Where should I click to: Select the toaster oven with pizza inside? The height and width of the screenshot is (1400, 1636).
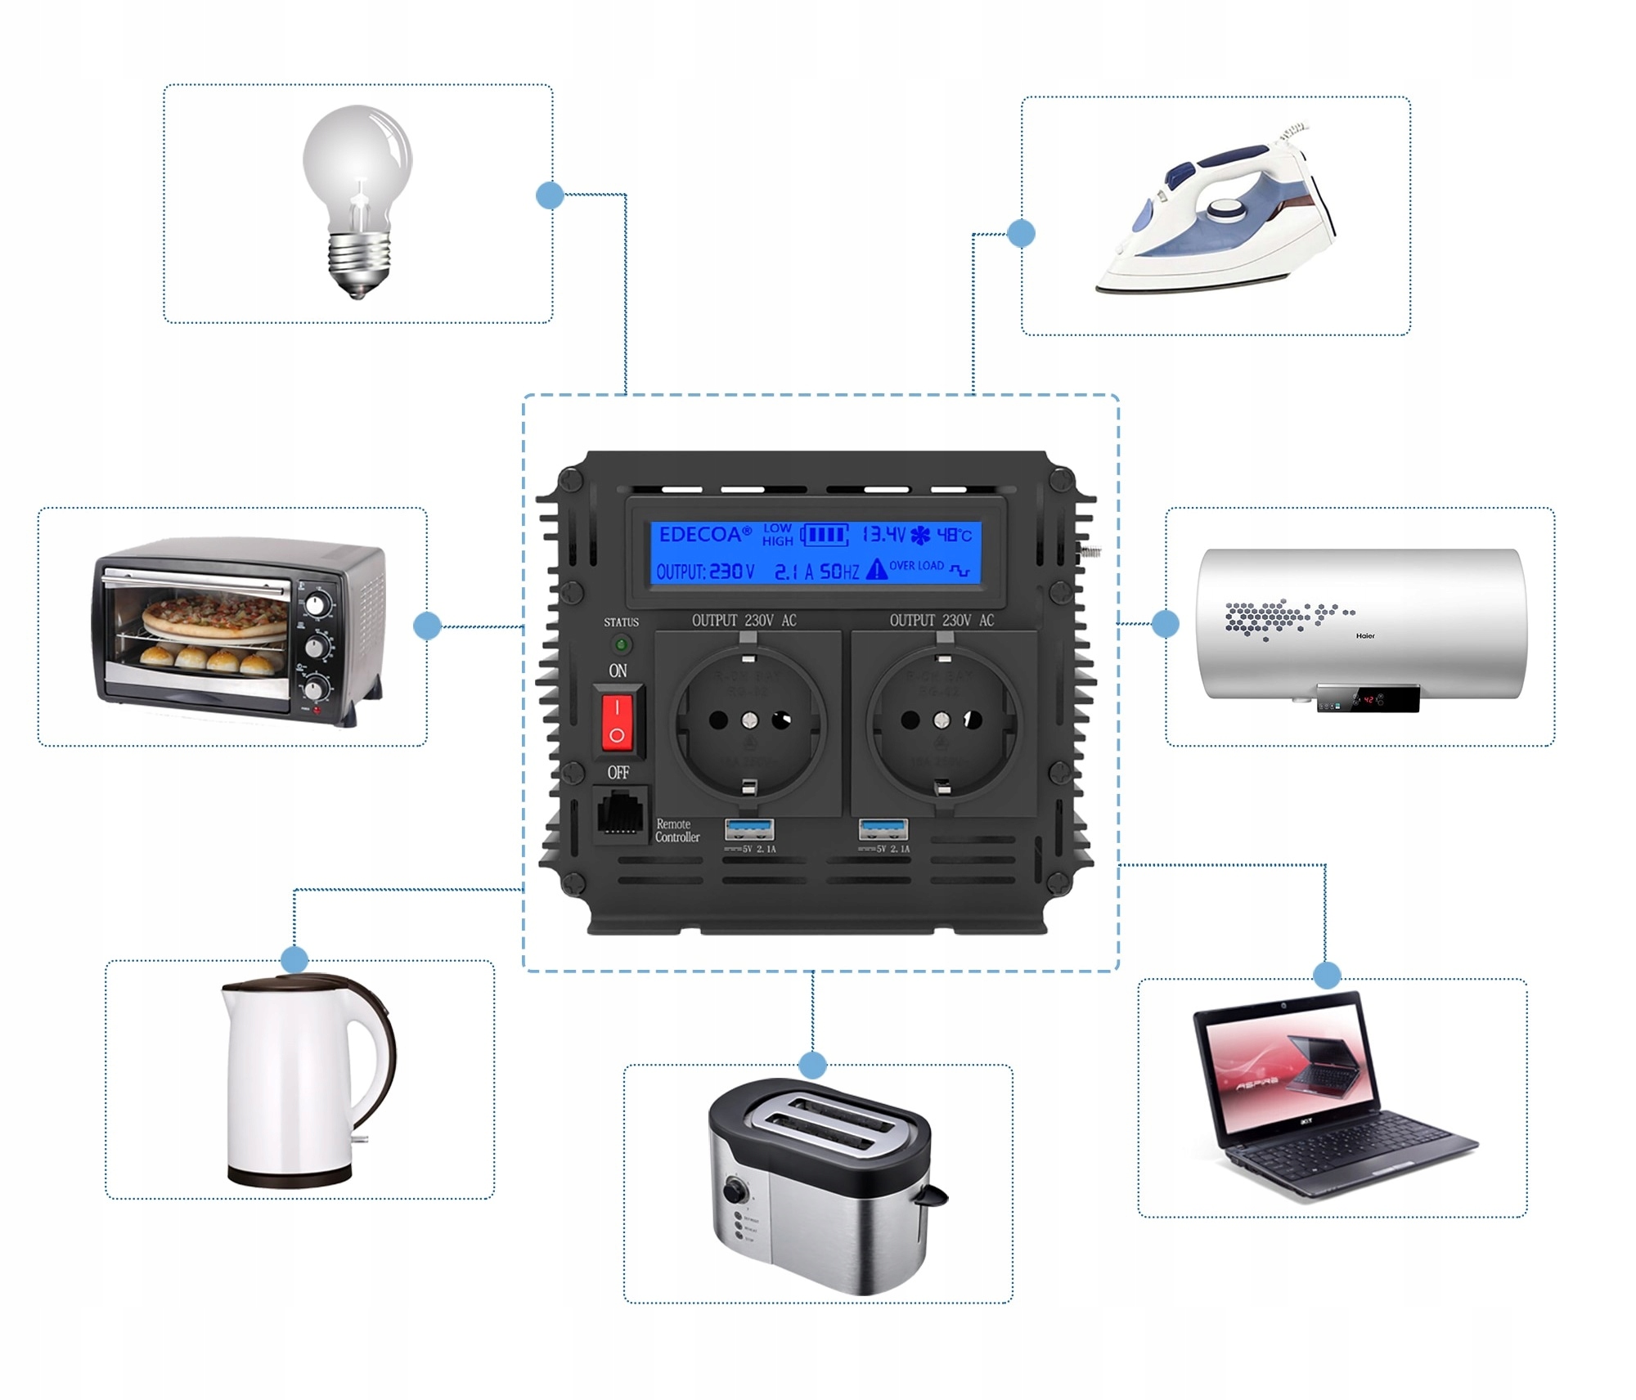point(237,630)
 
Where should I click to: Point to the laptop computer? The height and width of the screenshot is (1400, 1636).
point(1325,1096)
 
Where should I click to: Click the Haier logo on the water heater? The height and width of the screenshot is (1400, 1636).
point(1365,635)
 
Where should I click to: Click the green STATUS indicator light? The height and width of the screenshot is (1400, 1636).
point(621,645)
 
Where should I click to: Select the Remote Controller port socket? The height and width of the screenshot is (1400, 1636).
point(619,814)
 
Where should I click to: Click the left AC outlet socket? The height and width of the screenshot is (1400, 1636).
point(749,720)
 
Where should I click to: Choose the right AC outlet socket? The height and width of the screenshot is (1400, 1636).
point(942,720)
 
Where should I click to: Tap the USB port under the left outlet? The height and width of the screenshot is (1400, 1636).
point(748,829)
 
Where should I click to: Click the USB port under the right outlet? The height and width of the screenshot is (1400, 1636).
point(883,829)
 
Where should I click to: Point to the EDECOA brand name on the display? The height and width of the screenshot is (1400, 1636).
point(703,535)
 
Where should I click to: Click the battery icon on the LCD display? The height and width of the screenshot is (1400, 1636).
point(824,535)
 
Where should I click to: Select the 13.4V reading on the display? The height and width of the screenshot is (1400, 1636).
point(883,535)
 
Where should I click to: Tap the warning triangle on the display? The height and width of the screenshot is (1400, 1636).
point(876,569)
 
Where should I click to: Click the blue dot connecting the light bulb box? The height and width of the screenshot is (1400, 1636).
point(550,195)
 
